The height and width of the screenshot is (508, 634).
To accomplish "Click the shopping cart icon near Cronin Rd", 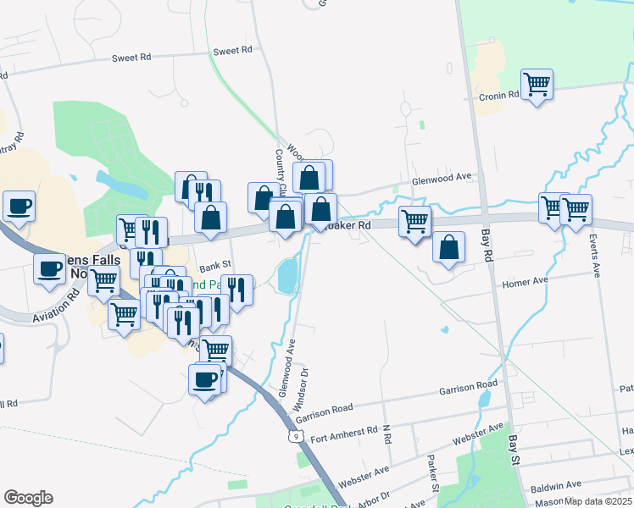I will click(x=537, y=85).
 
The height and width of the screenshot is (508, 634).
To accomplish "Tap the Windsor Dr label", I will click(x=300, y=386).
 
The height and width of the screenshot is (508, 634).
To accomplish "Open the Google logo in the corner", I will click(x=28, y=498).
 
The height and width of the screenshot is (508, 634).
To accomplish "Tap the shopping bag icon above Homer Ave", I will click(x=449, y=247).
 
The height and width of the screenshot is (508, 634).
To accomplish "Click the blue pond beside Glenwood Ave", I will click(x=287, y=275).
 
